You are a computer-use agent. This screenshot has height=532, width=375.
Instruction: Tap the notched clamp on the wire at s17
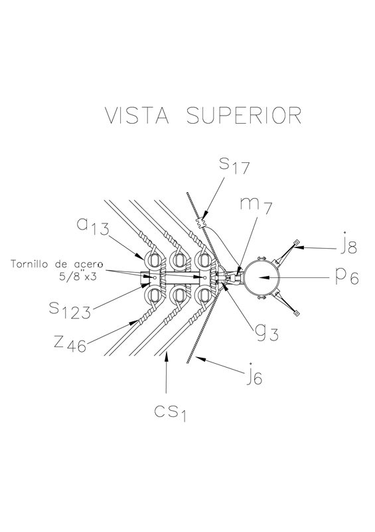tap(200, 222)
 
